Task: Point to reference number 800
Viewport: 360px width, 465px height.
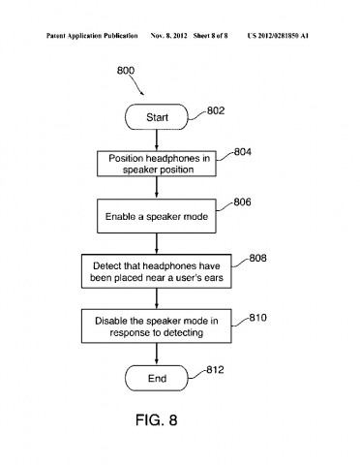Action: coord(127,71)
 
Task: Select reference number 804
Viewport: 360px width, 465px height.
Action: coord(244,152)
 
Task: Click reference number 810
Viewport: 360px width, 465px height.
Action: coord(256,316)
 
